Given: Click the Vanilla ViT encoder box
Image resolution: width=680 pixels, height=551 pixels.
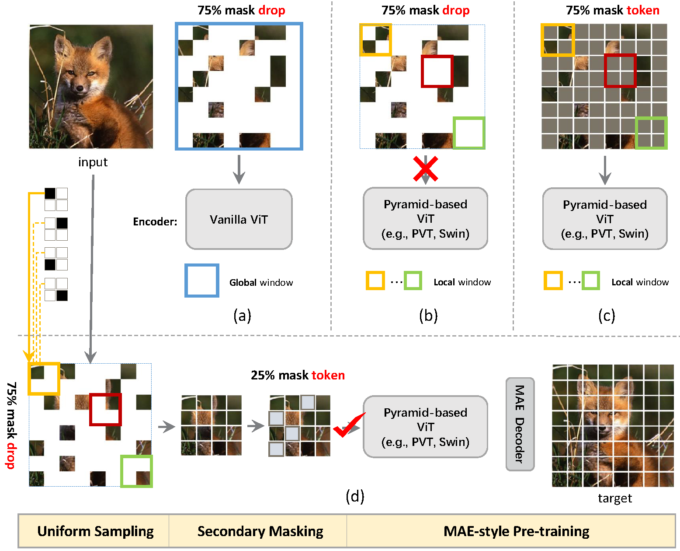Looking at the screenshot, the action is coord(239,219).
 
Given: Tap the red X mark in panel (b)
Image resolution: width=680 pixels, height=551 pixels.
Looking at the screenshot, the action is coord(426,169).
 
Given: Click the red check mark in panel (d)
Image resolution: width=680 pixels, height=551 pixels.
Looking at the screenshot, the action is coord(349,425).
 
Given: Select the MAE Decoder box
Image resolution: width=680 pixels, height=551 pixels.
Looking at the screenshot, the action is coord(520,424).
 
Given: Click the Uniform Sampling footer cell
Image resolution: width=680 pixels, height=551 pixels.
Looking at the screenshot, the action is coord(95,531).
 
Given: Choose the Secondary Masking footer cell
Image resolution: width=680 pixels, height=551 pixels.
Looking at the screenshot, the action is coord(260,531).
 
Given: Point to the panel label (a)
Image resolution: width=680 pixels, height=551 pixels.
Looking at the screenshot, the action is coord(242,316).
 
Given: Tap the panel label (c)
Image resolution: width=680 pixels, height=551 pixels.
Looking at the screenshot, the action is coord(607,316).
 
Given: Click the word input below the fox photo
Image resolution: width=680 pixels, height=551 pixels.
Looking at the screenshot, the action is coord(93,162).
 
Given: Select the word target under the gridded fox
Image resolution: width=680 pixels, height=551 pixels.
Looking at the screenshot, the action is coord(615,498).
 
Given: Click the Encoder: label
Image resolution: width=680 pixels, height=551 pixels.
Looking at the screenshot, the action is coord(155,221).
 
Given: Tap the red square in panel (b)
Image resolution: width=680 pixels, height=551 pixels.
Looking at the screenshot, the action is coord(422,71).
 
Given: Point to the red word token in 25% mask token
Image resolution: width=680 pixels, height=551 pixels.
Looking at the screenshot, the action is coord(328,375).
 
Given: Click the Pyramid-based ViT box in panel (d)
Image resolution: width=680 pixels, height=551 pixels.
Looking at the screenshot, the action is coord(425,427).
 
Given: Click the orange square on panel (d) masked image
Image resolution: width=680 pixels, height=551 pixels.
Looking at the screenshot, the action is coord(29,379).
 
